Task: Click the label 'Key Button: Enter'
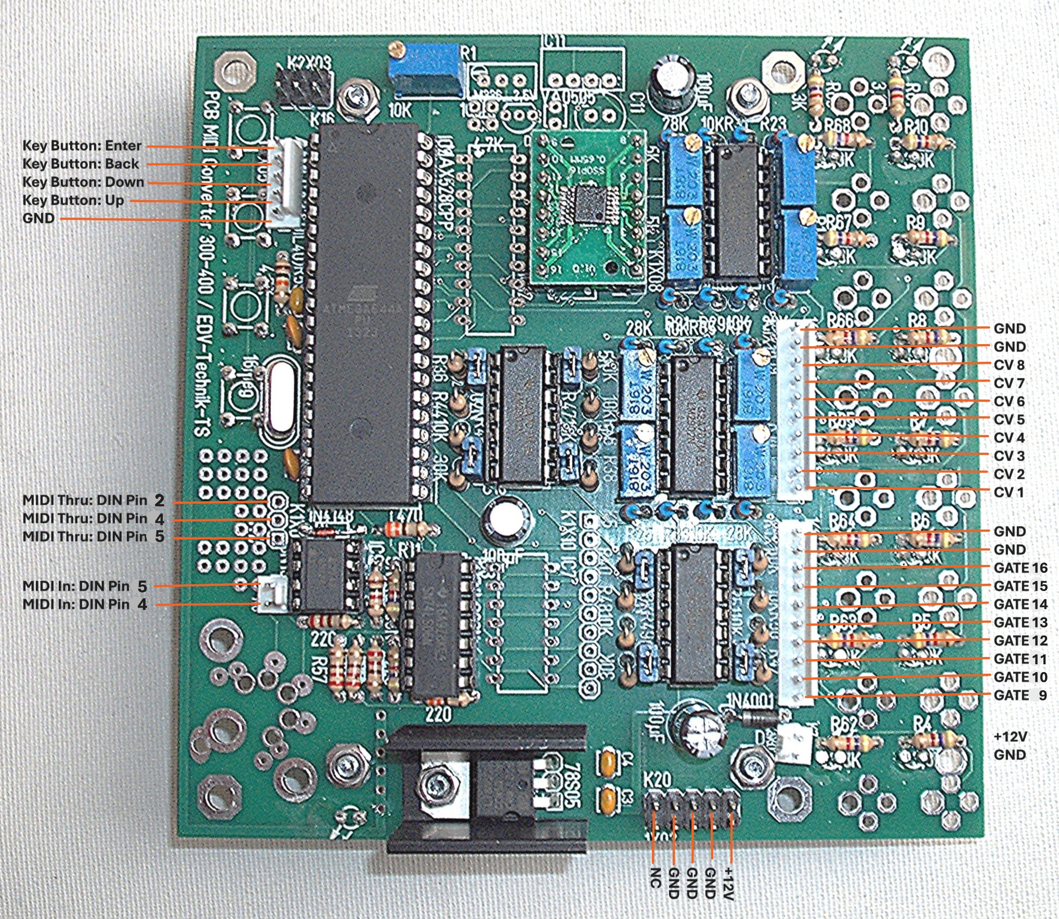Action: pos(82,146)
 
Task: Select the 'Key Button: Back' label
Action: pos(81,164)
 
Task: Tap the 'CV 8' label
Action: pos(1009,365)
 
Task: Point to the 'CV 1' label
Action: pos(1009,492)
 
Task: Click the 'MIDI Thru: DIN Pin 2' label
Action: pos(94,501)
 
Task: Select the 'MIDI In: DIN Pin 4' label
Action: pos(85,605)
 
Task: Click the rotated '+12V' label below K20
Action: pos(728,883)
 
